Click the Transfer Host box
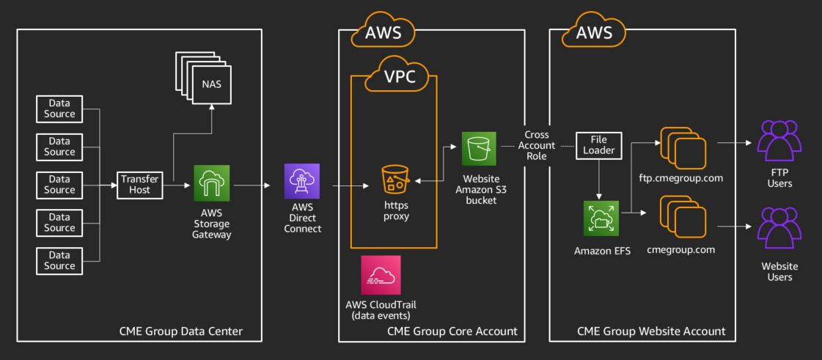click(139, 184)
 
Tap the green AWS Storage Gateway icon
click(212, 183)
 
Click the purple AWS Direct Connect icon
click(303, 183)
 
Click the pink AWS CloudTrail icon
click(381, 276)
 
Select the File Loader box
click(598, 145)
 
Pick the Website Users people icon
click(779, 227)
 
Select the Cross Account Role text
click(542, 145)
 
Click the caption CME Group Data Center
click(180, 331)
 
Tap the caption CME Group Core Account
click(452, 331)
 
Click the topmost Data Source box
click(59, 109)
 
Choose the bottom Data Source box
click(59, 260)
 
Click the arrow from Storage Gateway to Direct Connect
click(253, 185)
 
